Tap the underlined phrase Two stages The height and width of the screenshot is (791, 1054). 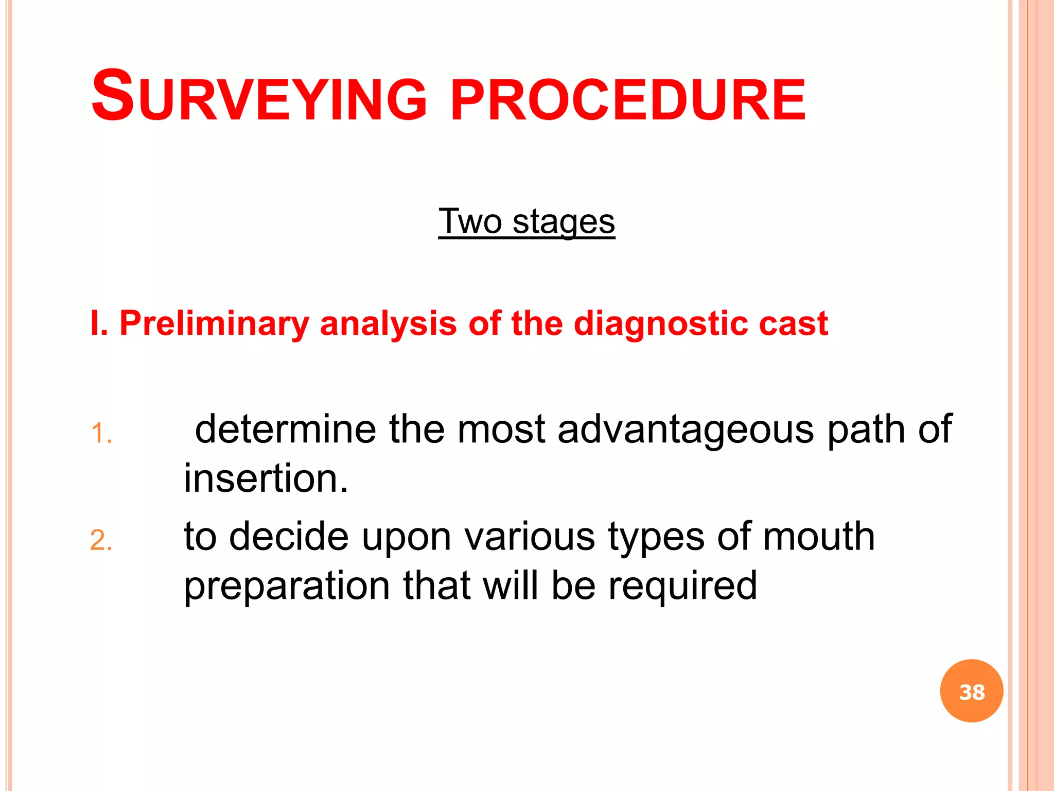(526, 221)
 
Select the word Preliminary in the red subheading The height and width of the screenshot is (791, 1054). (214, 324)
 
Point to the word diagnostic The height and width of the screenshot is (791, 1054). (660, 324)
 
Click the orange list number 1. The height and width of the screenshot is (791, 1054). (100, 434)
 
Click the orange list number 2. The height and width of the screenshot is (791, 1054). (100, 541)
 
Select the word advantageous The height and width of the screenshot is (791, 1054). (686, 429)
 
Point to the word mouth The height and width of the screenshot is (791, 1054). (818, 537)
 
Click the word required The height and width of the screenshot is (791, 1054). (682, 587)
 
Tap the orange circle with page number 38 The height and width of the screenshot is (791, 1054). (972, 691)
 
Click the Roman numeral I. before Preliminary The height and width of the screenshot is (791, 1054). (98, 324)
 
